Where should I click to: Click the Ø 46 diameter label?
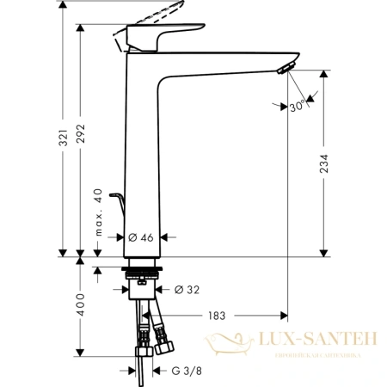pos(140,236)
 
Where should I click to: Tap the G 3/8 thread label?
pos(187,371)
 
